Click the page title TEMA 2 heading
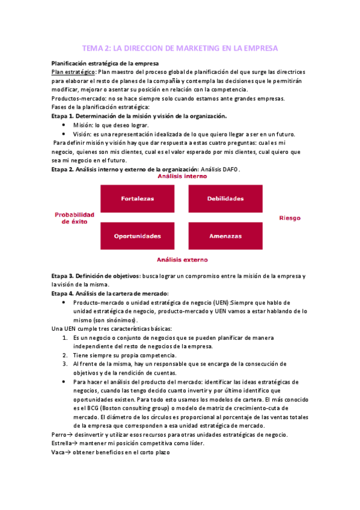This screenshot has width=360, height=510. coord(180,48)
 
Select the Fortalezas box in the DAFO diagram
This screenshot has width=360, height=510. coord(137,198)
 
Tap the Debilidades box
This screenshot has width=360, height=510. coord(225,198)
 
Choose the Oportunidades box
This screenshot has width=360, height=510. coord(137,236)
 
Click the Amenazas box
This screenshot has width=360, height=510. coord(225,236)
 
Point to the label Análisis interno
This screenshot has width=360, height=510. coord(182,177)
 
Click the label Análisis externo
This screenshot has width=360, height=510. coord(182,260)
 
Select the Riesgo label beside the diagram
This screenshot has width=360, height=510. coord(290,218)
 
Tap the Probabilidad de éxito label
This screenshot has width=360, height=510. coord(75,218)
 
